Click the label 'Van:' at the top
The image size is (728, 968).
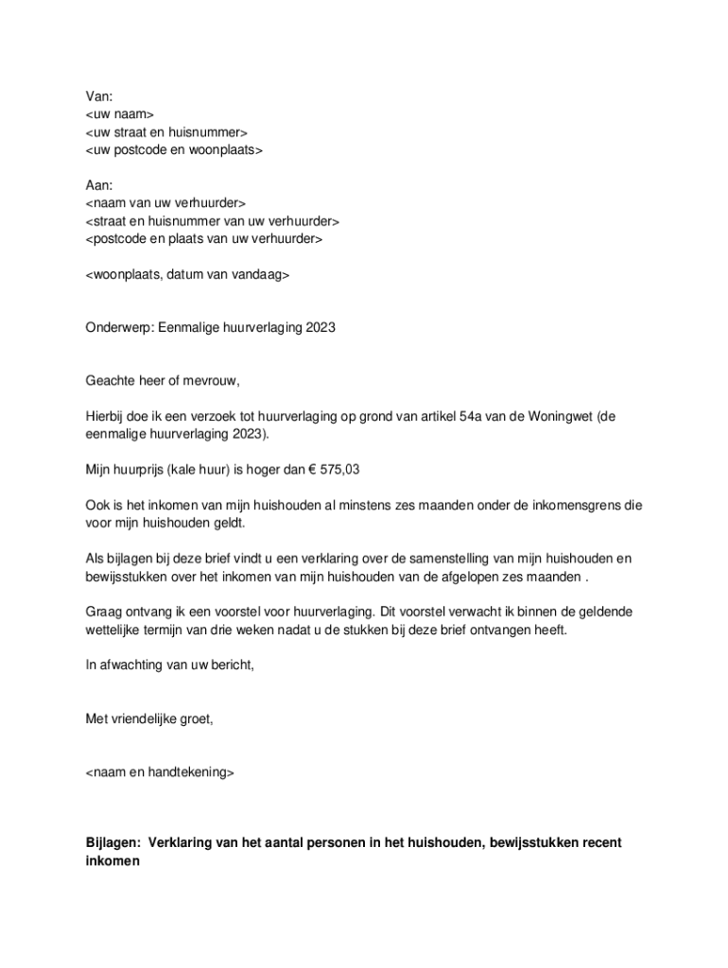pyautogui.click(x=99, y=96)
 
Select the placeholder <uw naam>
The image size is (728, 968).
pyautogui.click(x=119, y=114)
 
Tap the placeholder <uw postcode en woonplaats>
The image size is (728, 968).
pyautogui.click(x=174, y=150)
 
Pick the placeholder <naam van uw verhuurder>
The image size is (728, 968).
pyautogui.click(x=165, y=203)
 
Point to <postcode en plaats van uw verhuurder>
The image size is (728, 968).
pyautogui.click(x=203, y=239)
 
